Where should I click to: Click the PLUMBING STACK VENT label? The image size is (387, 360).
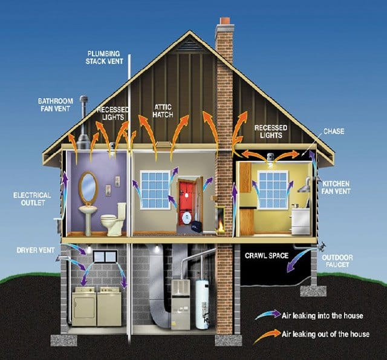pyautogui.click(x=105, y=57)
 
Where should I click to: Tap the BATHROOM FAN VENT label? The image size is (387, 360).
pyautogui.click(x=55, y=105)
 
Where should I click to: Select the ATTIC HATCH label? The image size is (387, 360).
pyautogui.click(x=163, y=111)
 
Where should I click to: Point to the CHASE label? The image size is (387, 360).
pyautogui.click(x=334, y=131)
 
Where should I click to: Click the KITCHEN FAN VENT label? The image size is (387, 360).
pyautogui.click(x=336, y=188)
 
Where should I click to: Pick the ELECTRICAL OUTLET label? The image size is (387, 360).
pyautogui.click(x=32, y=199)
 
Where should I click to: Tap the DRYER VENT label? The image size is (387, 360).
pyautogui.click(x=36, y=250)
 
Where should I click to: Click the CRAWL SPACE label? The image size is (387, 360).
pyautogui.click(x=267, y=255)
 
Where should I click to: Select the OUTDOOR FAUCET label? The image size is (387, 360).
pyautogui.click(x=337, y=261)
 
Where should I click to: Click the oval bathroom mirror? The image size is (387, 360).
pyautogui.click(x=88, y=187)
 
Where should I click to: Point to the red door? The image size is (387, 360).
pyautogui.click(x=186, y=203)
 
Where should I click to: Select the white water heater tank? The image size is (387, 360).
pyautogui.click(x=202, y=304)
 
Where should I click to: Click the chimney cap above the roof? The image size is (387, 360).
pyautogui.click(x=224, y=21)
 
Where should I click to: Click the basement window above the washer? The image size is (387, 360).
pyautogui.click(x=105, y=257)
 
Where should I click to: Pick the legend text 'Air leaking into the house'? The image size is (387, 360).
pyautogui.click(x=322, y=316)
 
